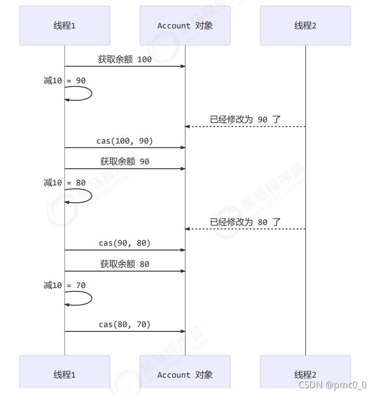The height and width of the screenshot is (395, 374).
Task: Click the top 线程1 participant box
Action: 64,26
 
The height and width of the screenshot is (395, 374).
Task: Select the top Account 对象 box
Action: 185,26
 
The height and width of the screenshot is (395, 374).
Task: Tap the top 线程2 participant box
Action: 305,26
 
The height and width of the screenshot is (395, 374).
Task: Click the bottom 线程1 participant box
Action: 64,374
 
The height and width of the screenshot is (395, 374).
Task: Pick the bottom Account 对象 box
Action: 185,374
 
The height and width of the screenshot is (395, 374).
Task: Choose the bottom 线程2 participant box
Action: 305,374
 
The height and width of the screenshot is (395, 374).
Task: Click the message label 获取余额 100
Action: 125,59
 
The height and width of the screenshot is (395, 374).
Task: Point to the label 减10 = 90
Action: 64,80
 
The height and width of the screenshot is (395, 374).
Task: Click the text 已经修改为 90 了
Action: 245,119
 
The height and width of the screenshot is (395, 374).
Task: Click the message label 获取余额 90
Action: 125,162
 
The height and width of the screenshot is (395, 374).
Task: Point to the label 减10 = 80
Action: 64,183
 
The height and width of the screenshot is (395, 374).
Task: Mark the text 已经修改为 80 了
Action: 245,222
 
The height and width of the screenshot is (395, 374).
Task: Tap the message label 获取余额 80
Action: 125,264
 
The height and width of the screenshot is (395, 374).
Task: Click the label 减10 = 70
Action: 64,285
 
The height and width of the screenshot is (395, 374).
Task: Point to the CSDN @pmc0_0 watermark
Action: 332,385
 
